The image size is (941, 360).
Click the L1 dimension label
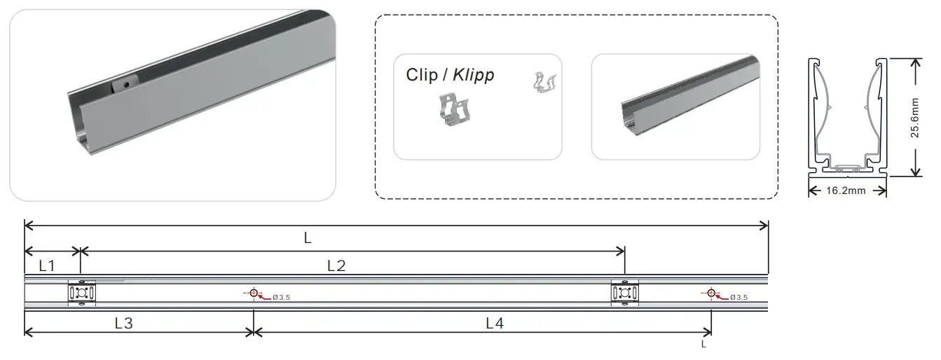click(46, 266)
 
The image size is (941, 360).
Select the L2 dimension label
click(337, 266)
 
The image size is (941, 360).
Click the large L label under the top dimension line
click(307, 237)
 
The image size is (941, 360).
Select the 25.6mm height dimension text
click(915, 117)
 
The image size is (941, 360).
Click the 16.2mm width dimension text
click(847, 191)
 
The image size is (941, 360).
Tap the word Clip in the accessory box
click(421, 75)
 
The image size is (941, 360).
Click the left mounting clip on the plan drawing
click(81, 293)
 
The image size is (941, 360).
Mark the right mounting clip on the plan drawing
click(624, 293)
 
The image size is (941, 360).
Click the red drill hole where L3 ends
click(254, 293)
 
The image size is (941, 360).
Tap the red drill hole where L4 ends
click(711, 293)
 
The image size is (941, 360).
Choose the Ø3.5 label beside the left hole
click(281, 298)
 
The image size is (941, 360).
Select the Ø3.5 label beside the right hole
click(739, 298)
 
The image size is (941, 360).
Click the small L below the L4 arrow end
click(703, 344)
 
